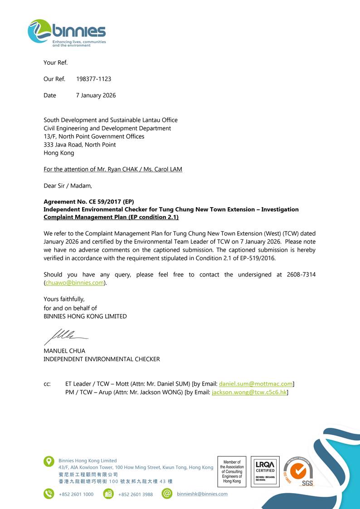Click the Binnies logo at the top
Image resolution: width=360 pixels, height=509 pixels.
pyautogui.click(x=67, y=33)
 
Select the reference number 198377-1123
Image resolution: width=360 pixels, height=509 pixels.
pyautogui.click(x=93, y=79)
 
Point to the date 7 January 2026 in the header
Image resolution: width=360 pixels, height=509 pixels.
pyautogui.click(x=96, y=95)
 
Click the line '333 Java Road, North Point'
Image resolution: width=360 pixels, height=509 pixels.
pyautogui.click(x=79, y=145)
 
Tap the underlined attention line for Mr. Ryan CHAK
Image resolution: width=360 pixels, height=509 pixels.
pyautogui.click(x=113, y=169)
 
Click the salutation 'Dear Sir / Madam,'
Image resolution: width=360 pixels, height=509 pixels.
pyautogui.click(x=68, y=185)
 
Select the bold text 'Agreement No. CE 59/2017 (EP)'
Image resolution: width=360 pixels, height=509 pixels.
pyautogui.click(x=89, y=202)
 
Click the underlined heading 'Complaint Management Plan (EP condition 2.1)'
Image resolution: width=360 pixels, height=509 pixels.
pyautogui.click(x=111, y=217)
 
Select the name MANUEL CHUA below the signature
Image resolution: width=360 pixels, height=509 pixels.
pyautogui.click(x=64, y=351)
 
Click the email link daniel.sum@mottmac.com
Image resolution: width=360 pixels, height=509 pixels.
pyautogui.click(x=256, y=383)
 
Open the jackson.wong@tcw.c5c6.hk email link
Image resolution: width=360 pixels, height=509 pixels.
pyautogui.click(x=249, y=392)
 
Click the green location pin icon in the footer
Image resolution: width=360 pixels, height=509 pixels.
pyautogui.click(x=49, y=461)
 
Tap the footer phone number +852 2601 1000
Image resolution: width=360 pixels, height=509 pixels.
pyautogui.click(x=76, y=494)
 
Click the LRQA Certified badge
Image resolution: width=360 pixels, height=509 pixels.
pyautogui.click(x=265, y=471)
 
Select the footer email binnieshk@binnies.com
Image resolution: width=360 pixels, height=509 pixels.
pyautogui.click(x=202, y=494)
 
